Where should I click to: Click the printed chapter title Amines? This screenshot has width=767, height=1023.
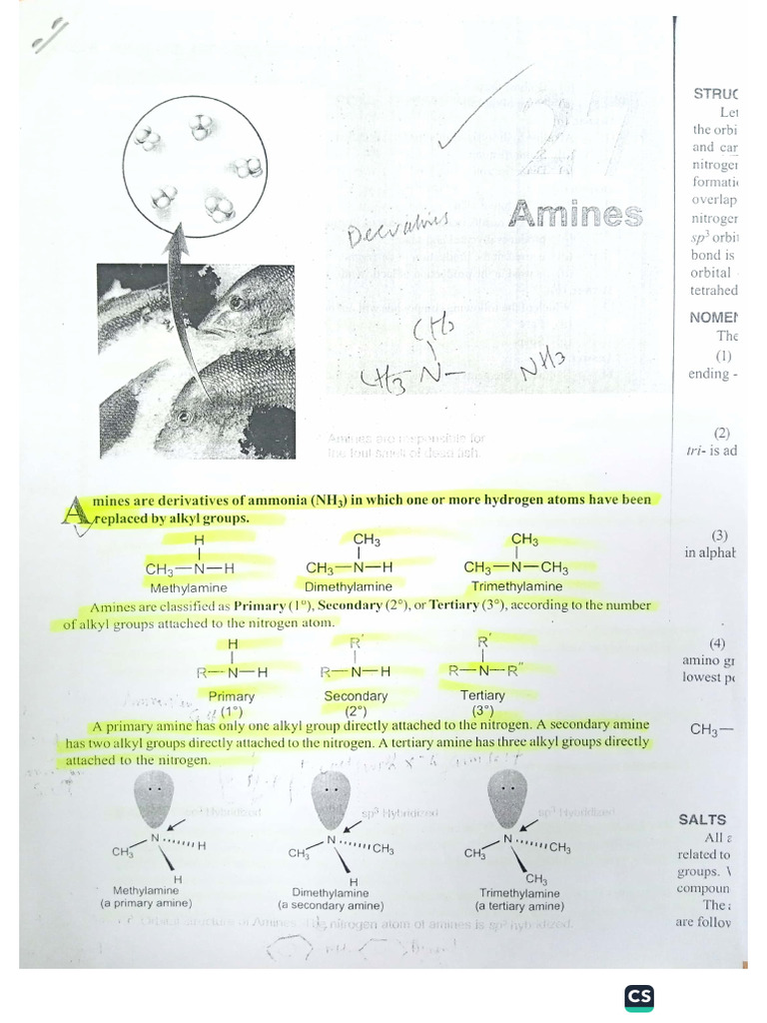(573, 213)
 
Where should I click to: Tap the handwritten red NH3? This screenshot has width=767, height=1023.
(543, 367)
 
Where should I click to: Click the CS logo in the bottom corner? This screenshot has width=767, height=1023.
(638, 998)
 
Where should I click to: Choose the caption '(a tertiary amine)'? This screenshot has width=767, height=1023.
(519, 906)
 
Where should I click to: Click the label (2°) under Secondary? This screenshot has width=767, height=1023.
(356, 711)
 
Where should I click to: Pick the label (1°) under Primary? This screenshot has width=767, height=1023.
(233, 711)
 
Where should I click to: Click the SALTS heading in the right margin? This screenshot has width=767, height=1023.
(702, 819)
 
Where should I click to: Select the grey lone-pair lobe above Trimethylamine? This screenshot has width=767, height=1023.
(506, 797)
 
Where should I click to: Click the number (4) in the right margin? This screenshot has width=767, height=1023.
(717, 642)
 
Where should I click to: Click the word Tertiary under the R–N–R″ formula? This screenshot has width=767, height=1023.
(482, 694)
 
